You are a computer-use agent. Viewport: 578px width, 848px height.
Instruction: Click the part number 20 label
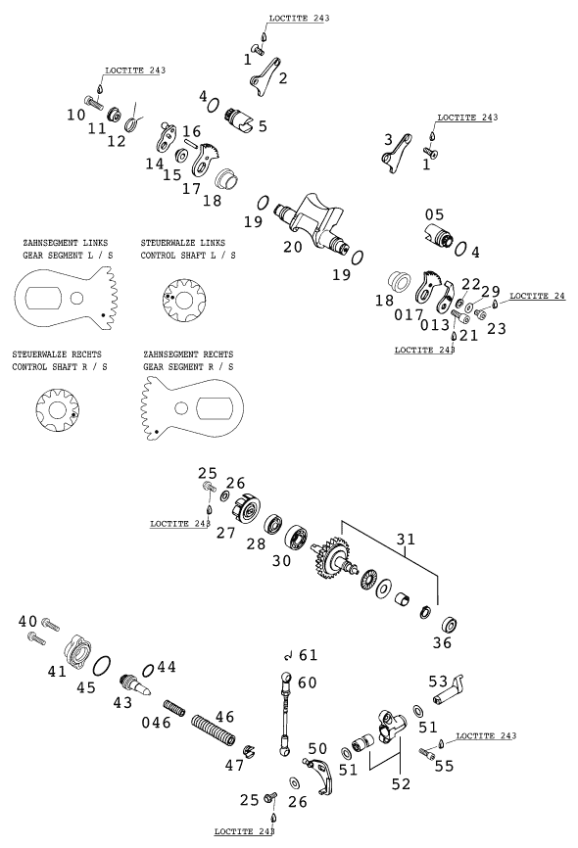point(292,247)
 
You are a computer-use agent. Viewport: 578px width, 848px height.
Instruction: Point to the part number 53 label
point(438,681)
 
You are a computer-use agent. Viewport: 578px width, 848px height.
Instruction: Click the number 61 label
point(309,654)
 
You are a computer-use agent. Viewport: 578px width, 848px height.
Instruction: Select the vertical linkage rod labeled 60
point(286,715)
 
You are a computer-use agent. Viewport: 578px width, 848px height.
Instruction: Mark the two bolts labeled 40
point(39,630)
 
